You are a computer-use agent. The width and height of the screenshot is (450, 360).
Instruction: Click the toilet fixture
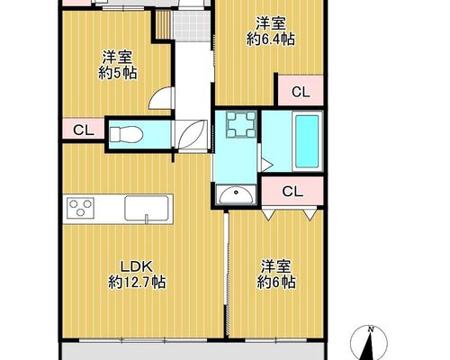[125, 134]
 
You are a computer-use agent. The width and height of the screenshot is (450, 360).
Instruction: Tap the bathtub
[307, 141]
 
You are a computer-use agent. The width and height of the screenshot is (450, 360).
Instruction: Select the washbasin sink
[236, 194]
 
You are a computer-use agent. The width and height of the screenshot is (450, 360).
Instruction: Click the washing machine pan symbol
[241, 124]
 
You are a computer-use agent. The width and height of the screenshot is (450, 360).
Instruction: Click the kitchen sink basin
[147, 208]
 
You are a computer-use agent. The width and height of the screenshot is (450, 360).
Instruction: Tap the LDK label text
[137, 265]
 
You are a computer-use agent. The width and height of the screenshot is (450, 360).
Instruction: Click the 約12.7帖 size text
[137, 283]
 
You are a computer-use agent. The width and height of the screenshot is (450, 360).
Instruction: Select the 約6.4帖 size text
[271, 40]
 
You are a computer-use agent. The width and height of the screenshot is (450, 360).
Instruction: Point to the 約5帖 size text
[118, 73]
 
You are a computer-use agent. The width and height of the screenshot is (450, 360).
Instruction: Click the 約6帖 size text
[276, 283]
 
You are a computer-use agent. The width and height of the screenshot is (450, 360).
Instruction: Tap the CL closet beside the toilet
[84, 130]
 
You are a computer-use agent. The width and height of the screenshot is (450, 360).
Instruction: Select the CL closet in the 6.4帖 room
[301, 92]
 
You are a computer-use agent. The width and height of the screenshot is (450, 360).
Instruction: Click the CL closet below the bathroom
[292, 191]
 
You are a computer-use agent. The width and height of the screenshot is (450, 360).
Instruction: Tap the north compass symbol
[369, 343]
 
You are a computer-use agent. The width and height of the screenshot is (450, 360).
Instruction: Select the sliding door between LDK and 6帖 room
[227, 275]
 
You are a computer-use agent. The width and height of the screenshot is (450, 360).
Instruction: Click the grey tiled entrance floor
[192, 25]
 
